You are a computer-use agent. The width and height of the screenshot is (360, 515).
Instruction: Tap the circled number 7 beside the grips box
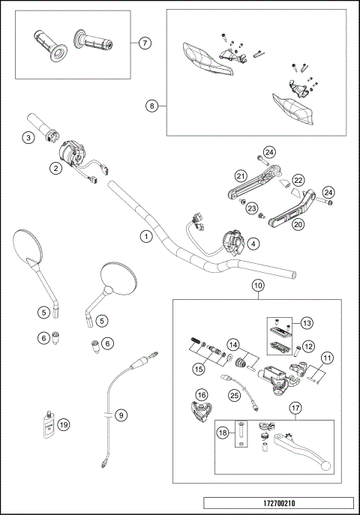[x=146, y=43]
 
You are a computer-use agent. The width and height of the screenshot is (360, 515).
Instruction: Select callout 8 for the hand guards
[x=152, y=106]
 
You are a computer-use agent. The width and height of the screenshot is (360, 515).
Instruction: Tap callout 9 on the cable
[x=121, y=413]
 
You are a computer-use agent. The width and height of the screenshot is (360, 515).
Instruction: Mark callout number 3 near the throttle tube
[x=28, y=137]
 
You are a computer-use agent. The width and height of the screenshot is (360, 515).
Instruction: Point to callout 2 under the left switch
[x=55, y=169]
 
